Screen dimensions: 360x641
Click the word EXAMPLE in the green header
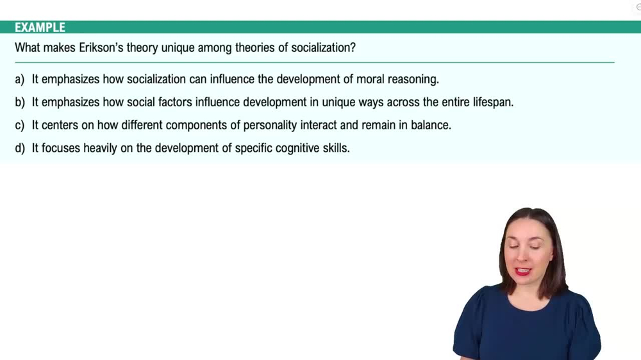coord(40,28)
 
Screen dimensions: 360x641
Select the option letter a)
coord(20,79)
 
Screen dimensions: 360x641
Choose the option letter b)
coord(20,102)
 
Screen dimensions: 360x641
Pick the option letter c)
coord(20,125)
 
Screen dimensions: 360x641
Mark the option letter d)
coord(20,148)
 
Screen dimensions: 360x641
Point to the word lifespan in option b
coord(491,102)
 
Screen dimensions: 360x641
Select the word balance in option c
coord(430,125)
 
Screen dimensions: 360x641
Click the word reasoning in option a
coord(412,79)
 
